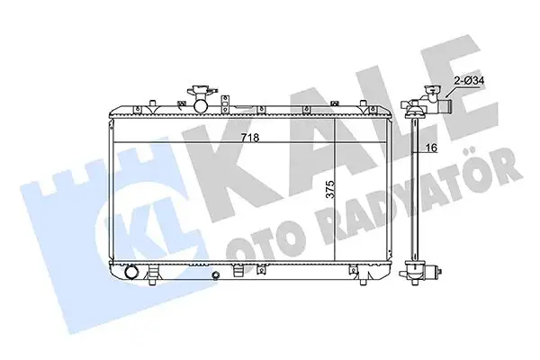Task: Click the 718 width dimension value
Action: click(249, 138)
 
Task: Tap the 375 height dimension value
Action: click(330, 190)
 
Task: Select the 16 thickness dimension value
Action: click(431, 148)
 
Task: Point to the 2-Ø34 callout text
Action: click(469, 81)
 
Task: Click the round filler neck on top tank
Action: click(201, 105)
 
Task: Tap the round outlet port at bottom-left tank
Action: click(131, 272)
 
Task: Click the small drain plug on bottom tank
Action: click(216, 274)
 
